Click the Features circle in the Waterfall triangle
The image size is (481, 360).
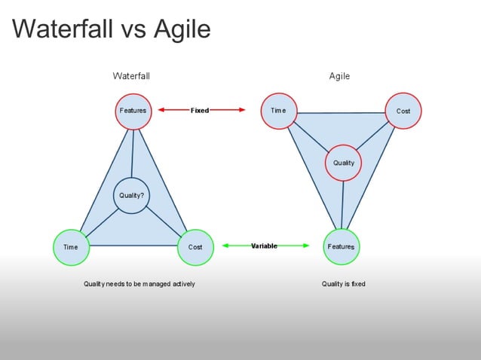(x=133, y=111)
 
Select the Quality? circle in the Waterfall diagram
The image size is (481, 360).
(x=131, y=196)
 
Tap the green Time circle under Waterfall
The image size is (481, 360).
(x=71, y=247)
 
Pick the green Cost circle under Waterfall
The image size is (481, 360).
(x=195, y=247)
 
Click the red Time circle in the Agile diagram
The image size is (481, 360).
(x=278, y=111)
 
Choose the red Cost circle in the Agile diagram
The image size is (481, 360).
(x=403, y=111)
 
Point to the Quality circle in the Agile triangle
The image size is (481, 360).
(x=343, y=163)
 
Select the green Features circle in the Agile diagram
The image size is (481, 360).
(x=341, y=247)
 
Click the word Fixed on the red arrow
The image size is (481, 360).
(x=200, y=111)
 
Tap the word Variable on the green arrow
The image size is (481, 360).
(x=264, y=246)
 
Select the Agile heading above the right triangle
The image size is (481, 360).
(x=339, y=76)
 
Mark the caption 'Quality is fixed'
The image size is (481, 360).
(x=343, y=284)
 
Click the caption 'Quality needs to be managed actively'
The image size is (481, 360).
(x=139, y=284)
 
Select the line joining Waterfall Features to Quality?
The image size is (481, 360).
(x=133, y=154)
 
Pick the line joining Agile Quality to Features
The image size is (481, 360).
(x=342, y=204)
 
